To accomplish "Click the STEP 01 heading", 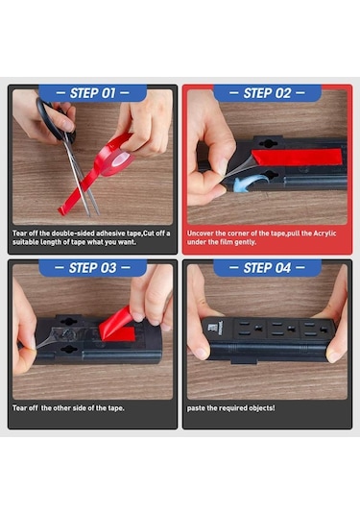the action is (x=93, y=93).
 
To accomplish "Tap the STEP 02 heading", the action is (x=267, y=93).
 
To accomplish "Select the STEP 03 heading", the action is (x=93, y=268).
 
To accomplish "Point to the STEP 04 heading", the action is (x=267, y=268).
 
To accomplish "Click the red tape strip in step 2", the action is (x=297, y=157).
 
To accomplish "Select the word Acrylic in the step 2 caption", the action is (x=324, y=233).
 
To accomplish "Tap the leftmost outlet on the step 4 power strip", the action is (x=250, y=329).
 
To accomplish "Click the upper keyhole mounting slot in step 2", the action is (x=268, y=143).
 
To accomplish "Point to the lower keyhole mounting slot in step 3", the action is (x=69, y=349).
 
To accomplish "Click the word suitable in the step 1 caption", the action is (x=24, y=242).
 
